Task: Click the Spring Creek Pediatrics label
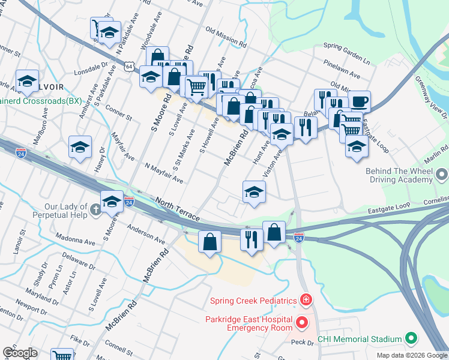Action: (253, 300)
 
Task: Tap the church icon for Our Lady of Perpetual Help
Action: (96, 209)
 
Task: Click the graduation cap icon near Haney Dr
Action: (80, 147)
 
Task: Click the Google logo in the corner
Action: (20, 353)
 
